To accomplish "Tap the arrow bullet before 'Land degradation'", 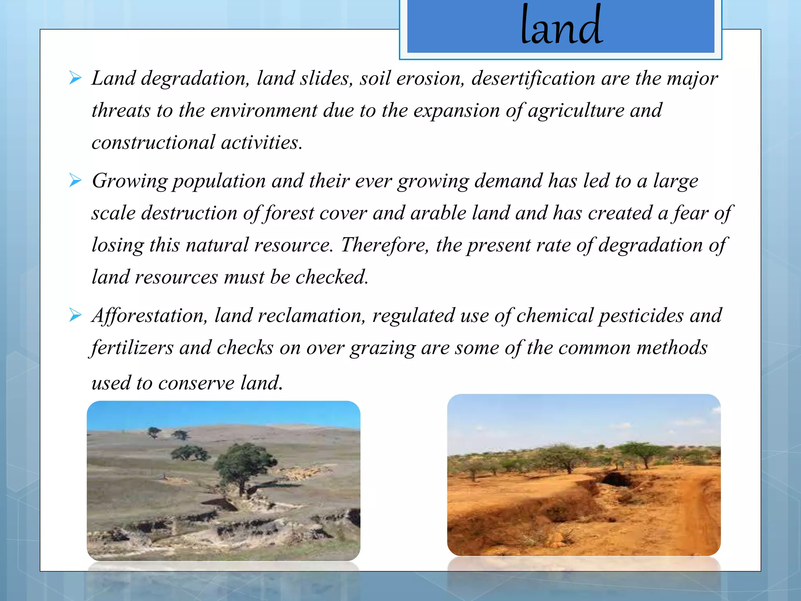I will click(x=75, y=78).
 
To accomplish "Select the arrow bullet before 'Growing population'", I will click(x=75, y=180).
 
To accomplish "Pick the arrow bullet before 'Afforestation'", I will click(x=75, y=315).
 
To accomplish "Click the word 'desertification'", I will click(x=533, y=78).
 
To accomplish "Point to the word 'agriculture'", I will click(x=576, y=110).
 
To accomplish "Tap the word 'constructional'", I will click(x=153, y=142).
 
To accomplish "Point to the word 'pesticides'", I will click(x=641, y=316).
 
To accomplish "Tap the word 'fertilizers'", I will click(x=132, y=348).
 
